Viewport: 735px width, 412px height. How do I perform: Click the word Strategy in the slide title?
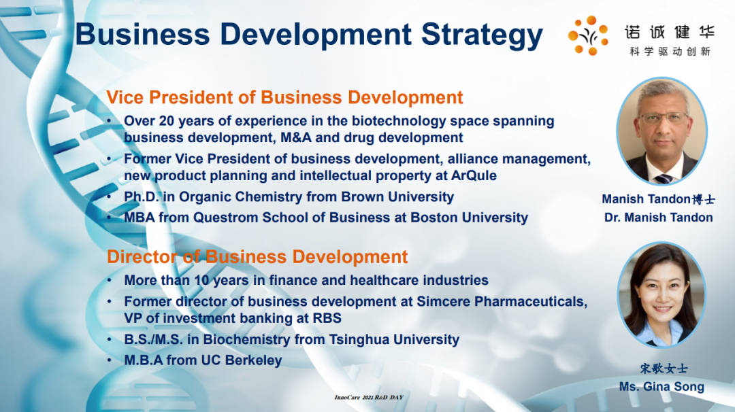(x=482, y=35)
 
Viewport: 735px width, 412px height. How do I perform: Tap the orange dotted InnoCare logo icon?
(x=588, y=35)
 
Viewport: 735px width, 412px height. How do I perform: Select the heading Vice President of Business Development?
(x=284, y=97)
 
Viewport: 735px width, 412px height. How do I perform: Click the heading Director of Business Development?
(x=257, y=256)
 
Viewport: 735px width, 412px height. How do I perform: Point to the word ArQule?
(x=474, y=175)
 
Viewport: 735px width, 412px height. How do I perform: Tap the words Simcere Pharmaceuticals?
(x=502, y=301)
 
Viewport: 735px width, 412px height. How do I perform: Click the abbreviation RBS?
(x=327, y=318)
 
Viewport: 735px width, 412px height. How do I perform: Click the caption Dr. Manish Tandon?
(x=659, y=218)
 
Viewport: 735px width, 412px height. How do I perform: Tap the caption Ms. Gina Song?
(x=661, y=387)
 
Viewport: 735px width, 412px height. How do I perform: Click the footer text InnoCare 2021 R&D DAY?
(x=369, y=398)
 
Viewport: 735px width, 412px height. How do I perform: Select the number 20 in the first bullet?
(x=167, y=121)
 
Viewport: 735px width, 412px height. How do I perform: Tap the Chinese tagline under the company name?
(x=670, y=52)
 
